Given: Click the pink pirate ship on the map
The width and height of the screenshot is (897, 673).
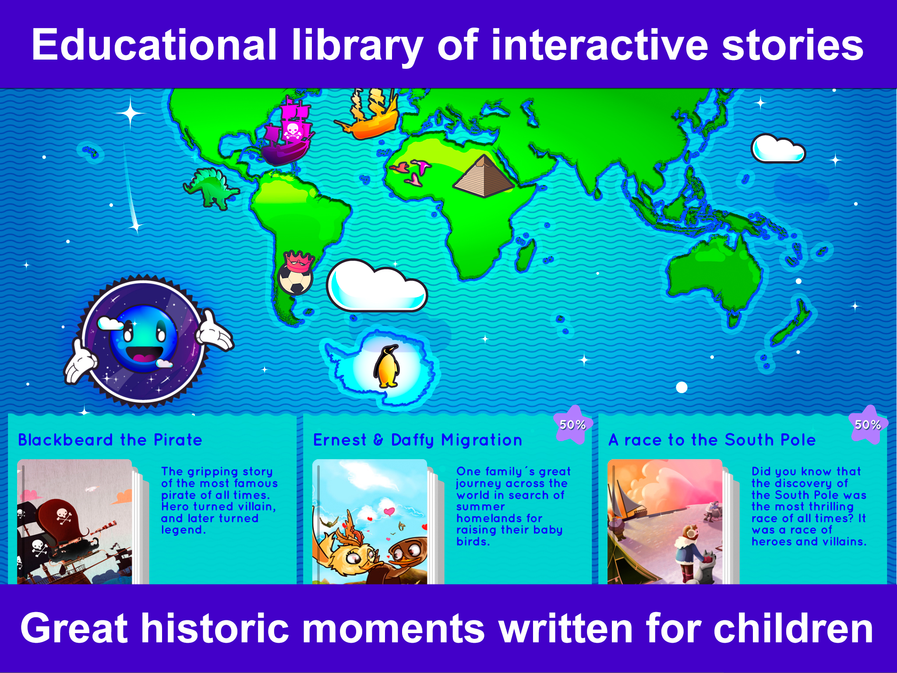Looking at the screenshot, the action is point(287,131).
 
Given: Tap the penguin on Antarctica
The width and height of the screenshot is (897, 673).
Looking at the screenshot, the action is point(387,366).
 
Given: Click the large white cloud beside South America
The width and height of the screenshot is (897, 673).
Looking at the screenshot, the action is point(377,286).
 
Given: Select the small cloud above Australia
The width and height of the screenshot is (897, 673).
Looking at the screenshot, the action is point(778,149).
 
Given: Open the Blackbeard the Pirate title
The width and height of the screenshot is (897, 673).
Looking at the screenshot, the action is point(110,440).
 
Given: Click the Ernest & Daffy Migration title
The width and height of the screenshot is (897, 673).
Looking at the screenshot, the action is point(417,440).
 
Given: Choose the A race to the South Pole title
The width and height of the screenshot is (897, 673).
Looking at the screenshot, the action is point(712,440).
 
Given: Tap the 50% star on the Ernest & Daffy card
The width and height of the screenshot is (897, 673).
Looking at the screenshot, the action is point(573,424).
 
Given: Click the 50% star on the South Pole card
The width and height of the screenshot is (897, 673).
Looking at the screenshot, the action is point(868,424).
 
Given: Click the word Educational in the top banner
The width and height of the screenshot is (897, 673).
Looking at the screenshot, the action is point(154,45).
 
